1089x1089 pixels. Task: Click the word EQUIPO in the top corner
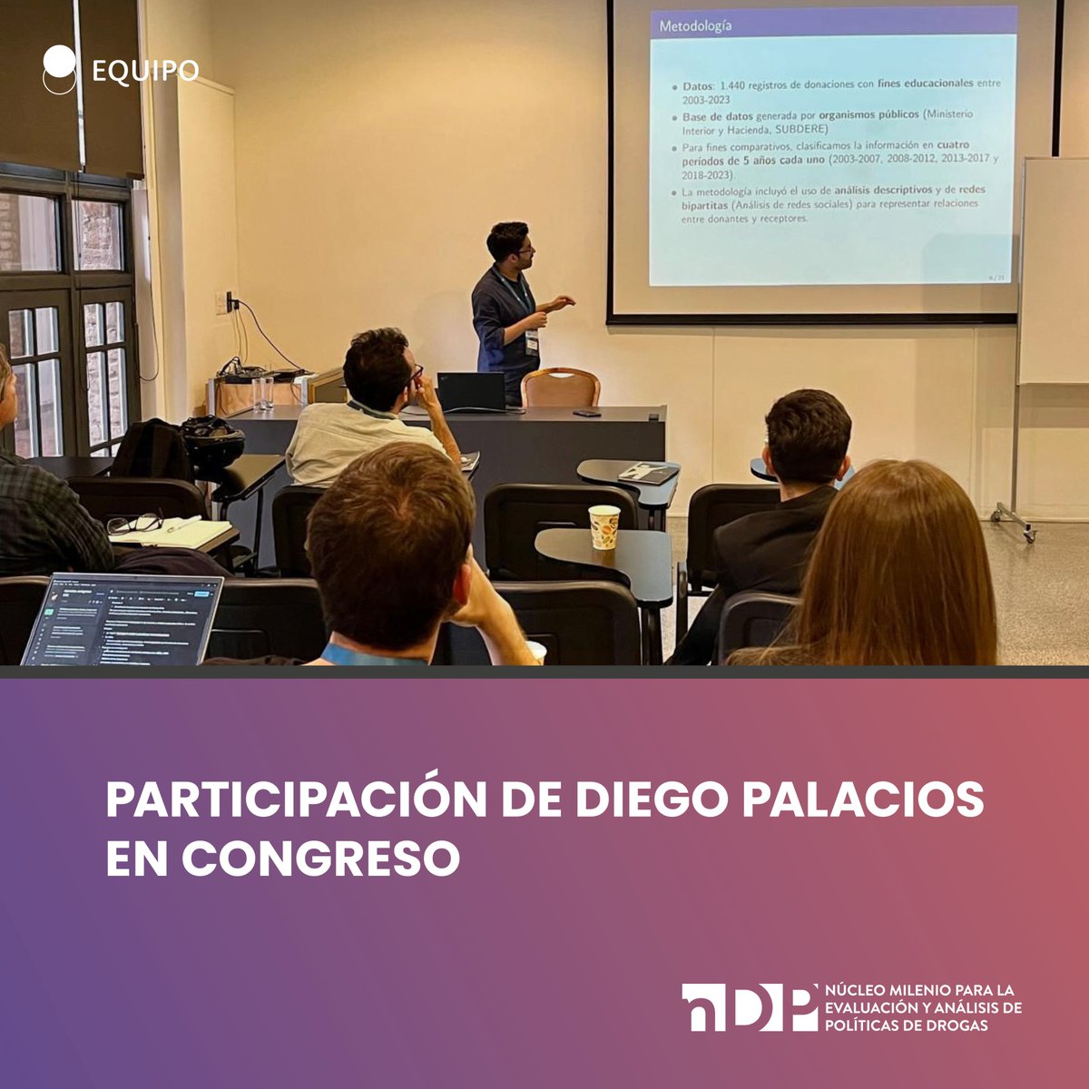(145, 71)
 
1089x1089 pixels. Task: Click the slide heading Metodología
(695, 25)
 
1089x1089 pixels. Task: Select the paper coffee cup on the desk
(603, 526)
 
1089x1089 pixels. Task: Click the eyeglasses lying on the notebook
(134, 524)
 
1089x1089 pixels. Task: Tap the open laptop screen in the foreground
(123, 619)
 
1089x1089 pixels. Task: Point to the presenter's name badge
(531, 341)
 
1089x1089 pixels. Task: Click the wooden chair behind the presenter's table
(560, 388)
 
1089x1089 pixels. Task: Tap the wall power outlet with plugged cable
(231, 301)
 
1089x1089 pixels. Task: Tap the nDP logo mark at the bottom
(749, 1007)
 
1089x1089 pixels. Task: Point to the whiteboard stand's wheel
(1028, 536)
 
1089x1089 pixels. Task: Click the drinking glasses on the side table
(263, 392)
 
